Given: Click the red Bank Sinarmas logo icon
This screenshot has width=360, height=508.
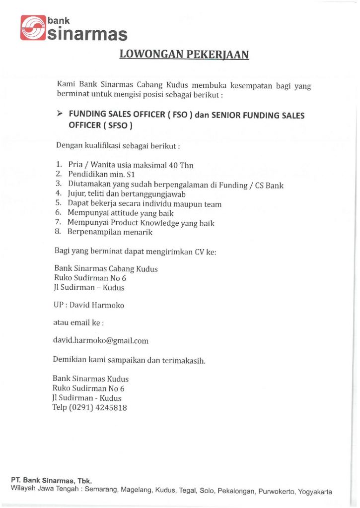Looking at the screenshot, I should click(33, 28).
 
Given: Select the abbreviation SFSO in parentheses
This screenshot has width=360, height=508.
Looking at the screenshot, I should click(117, 126).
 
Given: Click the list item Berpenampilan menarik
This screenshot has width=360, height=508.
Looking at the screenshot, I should click(110, 232).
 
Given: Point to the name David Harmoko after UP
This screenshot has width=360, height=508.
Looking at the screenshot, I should click(97, 305).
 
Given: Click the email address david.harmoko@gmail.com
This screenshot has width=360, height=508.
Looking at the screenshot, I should click(101, 341).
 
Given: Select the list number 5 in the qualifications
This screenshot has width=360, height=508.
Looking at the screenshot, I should click(58, 203).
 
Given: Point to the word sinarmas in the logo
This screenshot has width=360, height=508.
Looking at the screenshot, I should click(87, 35).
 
